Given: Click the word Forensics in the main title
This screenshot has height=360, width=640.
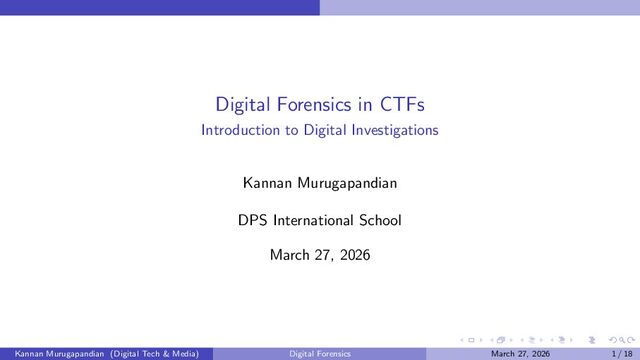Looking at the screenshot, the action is (x=314, y=104).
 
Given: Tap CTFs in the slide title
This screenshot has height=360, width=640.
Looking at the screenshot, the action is (x=402, y=104).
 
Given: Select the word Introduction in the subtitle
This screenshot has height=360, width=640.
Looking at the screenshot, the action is (x=240, y=130).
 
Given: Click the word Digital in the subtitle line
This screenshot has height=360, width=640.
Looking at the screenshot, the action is (x=325, y=131).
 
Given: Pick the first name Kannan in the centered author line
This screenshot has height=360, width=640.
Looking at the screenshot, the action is (x=267, y=183).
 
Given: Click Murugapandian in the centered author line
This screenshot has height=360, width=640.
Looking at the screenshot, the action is (x=347, y=183).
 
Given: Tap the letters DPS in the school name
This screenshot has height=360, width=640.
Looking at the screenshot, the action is (x=253, y=220).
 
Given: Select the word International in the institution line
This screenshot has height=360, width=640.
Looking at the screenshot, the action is (x=313, y=220).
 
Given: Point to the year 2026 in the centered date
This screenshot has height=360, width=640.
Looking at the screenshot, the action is (x=355, y=255).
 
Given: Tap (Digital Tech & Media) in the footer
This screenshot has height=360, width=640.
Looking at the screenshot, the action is (x=155, y=353).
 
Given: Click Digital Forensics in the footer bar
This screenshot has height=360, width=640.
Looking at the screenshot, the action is (x=320, y=353).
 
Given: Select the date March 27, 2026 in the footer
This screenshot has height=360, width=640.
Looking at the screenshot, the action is (x=520, y=353).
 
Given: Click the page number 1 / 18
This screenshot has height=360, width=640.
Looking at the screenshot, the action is (x=622, y=353).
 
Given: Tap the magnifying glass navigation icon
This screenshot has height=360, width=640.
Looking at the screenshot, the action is (x=622, y=340).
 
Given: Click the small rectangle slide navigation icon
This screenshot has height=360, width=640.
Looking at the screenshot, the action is (x=471, y=340).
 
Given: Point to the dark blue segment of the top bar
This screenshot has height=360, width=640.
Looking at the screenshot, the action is (x=160, y=7).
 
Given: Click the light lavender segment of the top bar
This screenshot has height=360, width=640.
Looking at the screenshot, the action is (x=480, y=7).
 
